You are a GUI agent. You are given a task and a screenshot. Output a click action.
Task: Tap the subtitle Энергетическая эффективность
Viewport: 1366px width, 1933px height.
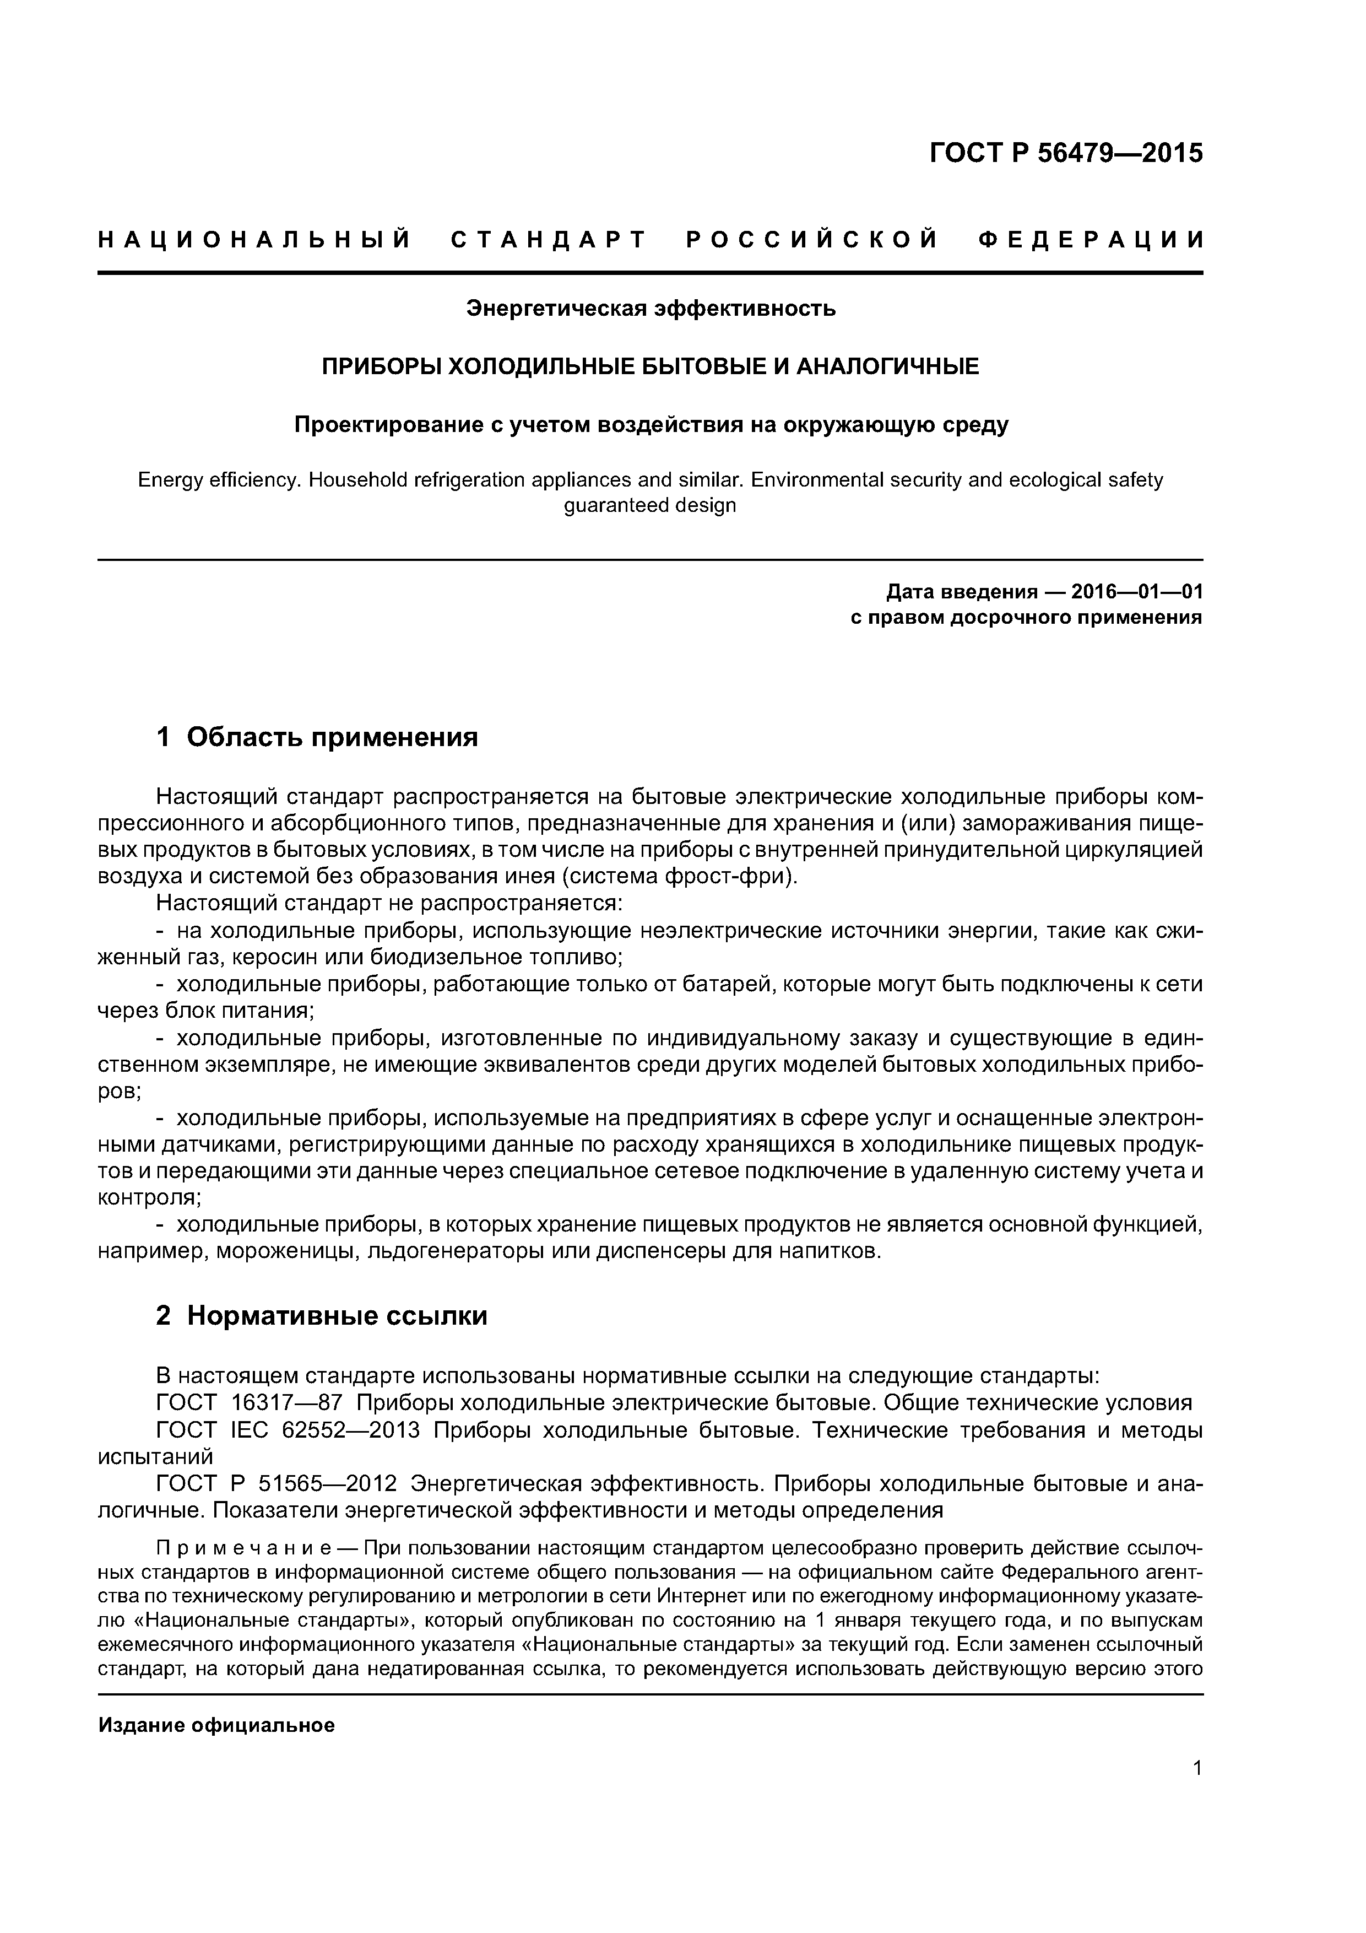tap(651, 309)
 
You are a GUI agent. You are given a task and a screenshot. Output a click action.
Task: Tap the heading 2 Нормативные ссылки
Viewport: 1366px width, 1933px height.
tap(322, 1315)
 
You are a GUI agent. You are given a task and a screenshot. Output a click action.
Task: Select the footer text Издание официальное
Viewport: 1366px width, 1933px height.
tap(216, 1726)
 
